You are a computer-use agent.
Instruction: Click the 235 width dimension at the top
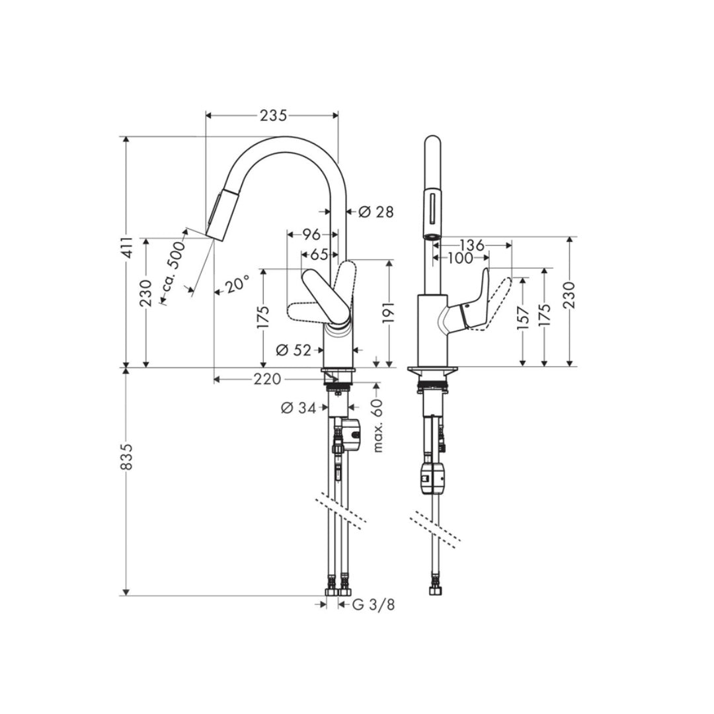272,116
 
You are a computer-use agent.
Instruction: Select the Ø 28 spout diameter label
376,212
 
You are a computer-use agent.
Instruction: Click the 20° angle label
237,285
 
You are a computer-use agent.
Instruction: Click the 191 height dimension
389,313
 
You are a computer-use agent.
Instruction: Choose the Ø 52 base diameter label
294,350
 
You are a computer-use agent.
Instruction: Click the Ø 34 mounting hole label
298,408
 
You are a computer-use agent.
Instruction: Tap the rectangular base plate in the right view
433,371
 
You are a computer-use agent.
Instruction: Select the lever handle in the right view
473,304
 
